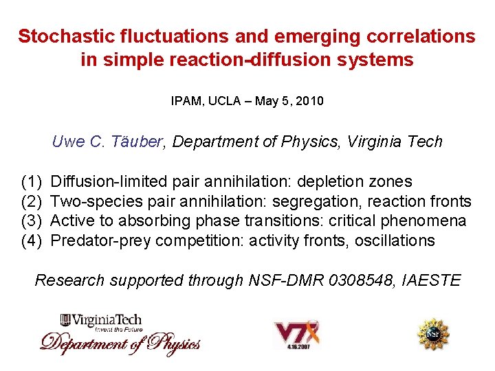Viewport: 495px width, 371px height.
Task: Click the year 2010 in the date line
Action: click(309, 101)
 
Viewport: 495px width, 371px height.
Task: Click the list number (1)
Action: click(32, 182)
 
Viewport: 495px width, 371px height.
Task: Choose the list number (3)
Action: click(32, 221)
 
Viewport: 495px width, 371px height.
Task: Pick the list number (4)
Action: click(32, 240)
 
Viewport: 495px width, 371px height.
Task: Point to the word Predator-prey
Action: click(101, 240)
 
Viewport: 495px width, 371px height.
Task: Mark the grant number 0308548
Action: click(360, 280)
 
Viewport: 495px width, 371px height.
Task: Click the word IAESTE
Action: click(432, 280)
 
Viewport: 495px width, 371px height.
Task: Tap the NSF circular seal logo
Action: click(434, 334)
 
